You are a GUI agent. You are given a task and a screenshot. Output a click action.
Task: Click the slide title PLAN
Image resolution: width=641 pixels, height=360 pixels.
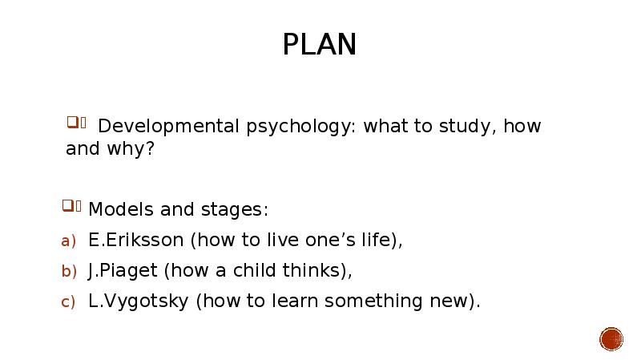[x=319, y=44]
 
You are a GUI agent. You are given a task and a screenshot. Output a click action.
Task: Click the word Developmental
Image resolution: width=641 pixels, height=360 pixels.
[x=168, y=127]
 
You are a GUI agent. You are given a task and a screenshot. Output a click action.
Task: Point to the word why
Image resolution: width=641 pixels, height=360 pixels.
[x=131, y=149]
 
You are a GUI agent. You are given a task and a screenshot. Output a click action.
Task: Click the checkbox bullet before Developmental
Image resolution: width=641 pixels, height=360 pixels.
[x=76, y=123]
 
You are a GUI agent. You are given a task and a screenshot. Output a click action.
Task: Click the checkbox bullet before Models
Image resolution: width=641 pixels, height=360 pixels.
[x=71, y=206]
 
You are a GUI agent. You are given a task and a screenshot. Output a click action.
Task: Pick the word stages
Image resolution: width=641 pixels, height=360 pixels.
[x=235, y=210]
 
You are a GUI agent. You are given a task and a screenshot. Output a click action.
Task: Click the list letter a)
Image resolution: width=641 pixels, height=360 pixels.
[x=68, y=241]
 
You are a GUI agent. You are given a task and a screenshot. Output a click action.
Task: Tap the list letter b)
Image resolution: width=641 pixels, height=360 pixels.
[x=69, y=271]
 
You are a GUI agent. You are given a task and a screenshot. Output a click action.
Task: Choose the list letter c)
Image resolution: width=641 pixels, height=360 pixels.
[x=68, y=302]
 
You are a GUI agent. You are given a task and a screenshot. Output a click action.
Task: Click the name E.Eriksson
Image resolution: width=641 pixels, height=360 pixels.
[x=135, y=240]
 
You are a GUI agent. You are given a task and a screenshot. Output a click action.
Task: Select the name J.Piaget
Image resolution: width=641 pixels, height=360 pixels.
[x=123, y=271]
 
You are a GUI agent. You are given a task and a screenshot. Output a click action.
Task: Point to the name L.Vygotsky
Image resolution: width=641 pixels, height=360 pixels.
[x=138, y=301]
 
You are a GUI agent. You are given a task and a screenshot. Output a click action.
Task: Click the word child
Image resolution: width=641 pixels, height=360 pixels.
[x=254, y=270]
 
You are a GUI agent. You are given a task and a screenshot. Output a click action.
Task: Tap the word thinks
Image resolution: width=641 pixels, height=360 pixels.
[x=317, y=270]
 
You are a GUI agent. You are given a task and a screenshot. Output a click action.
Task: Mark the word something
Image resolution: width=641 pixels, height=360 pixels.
[x=373, y=301]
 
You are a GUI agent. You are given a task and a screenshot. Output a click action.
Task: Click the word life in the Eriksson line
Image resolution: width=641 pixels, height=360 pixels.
[x=382, y=241]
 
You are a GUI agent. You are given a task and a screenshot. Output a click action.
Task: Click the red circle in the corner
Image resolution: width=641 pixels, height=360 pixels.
[x=611, y=339]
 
